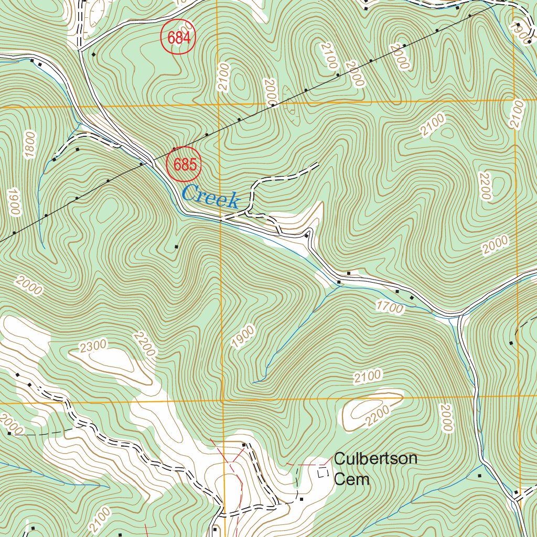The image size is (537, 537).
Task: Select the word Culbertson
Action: [x=375, y=459]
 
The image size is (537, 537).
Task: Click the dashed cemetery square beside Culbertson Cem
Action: [x=324, y=472]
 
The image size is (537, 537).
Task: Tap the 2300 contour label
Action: [x=94, y=345]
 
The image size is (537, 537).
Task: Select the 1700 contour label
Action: [x=390, y=307]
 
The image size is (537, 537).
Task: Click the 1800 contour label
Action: [x=30, y=144]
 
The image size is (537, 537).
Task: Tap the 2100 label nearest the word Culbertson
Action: [x=367, y=376]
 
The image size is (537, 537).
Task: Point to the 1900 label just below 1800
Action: [x=13, y=202]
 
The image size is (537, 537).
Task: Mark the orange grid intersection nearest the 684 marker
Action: [x=217, y=104]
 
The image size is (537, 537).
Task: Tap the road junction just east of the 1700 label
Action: [x=460, y=316]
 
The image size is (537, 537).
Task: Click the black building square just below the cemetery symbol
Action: [x=301, y=499]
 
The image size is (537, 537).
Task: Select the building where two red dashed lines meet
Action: [x=244, y=445]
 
